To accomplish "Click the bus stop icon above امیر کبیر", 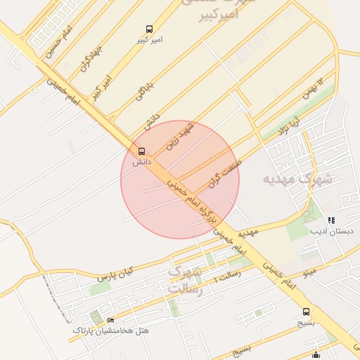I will [148, 29].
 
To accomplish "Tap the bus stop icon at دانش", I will [141, 151].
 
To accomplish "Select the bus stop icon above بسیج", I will [305, 311].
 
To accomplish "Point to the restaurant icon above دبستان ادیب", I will [331, 221].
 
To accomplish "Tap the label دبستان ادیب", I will [333, 231].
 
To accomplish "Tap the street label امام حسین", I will [58, 42].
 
